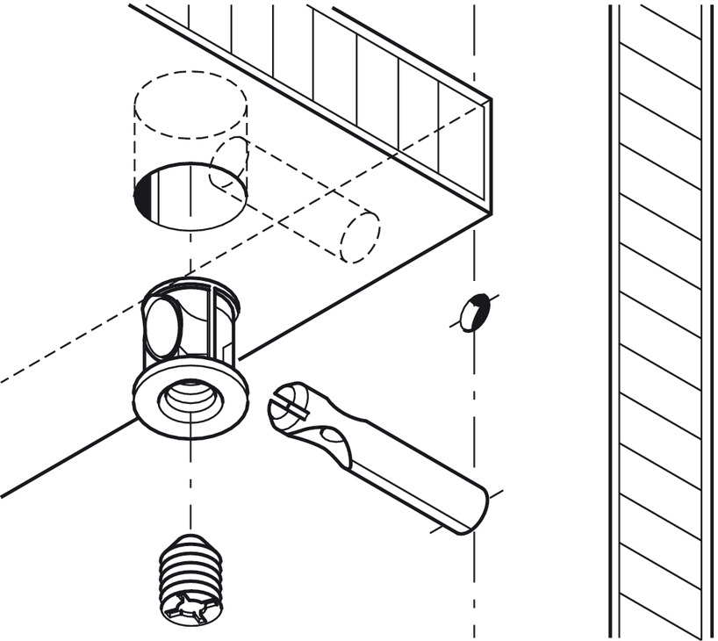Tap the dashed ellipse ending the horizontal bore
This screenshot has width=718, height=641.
tap(360, 236)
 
